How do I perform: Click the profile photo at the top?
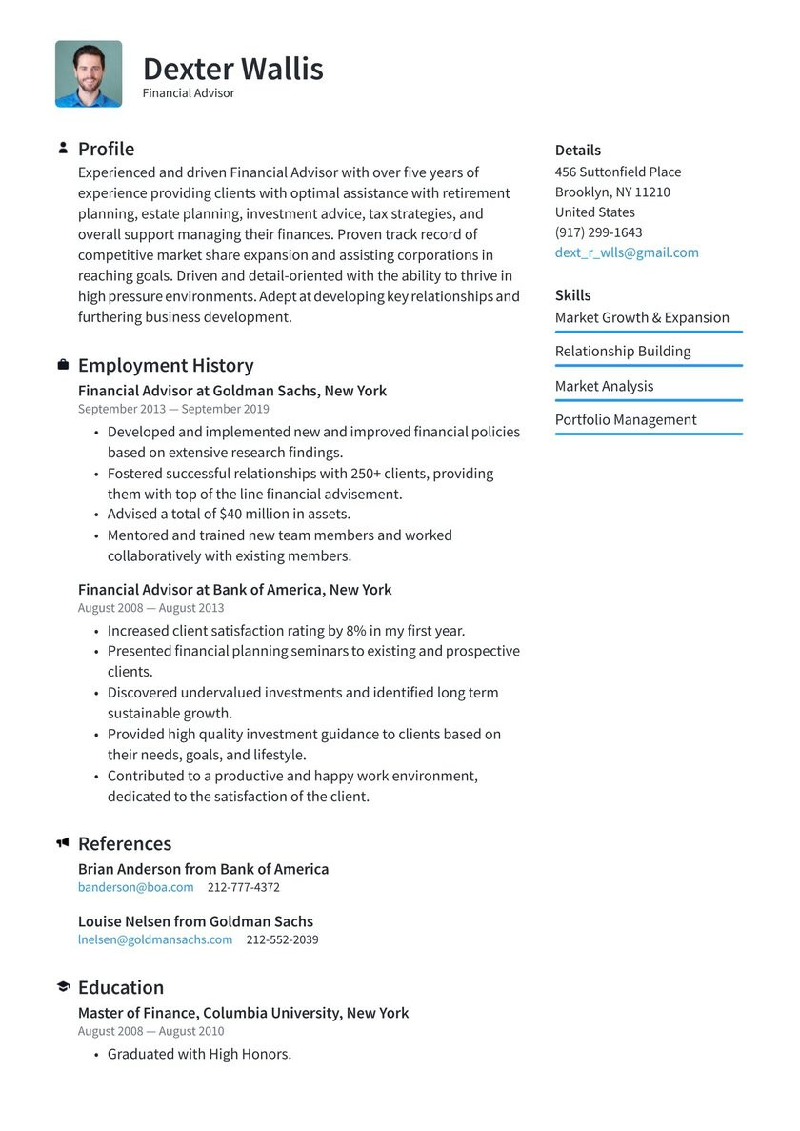pyautogui.click(x=89, y=73)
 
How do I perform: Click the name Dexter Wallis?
pyautogui.click(x=232, y=69)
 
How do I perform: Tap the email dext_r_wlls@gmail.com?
pyautogui.click(x=627, y=252)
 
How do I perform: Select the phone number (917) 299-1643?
pyautogui.click(x=598, y=232)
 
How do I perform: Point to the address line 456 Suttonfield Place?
pyautogui.click(x=618, y=172)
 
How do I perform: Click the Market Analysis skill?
pyautogui.click(x=604, y=386)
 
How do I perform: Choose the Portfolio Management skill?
pyautogui.click(x=626, y=420)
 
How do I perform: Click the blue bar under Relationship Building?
pyautogui.click(x=649, y=365)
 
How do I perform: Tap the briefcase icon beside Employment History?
pyautogui.click(x=63, y=365)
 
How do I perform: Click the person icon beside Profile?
pyautogui.click(x=63, y=149)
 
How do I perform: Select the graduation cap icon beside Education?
pyautogui.click(x=63, y=987)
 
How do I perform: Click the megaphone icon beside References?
pyautogui.click(x=63, y=843)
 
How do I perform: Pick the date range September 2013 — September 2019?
pyautogui.click(x=173, y=409)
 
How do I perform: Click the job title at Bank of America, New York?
pyautogui.click(x=234, y=590)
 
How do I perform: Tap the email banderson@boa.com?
pyautogui.click(x=135, y=887)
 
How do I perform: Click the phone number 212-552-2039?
pyautogui.click(x=282, y=939)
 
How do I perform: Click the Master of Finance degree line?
pyautogui.click(x=243, y=1013)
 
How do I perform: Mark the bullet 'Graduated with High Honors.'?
pyautogui.click(x=199, y=1054)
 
